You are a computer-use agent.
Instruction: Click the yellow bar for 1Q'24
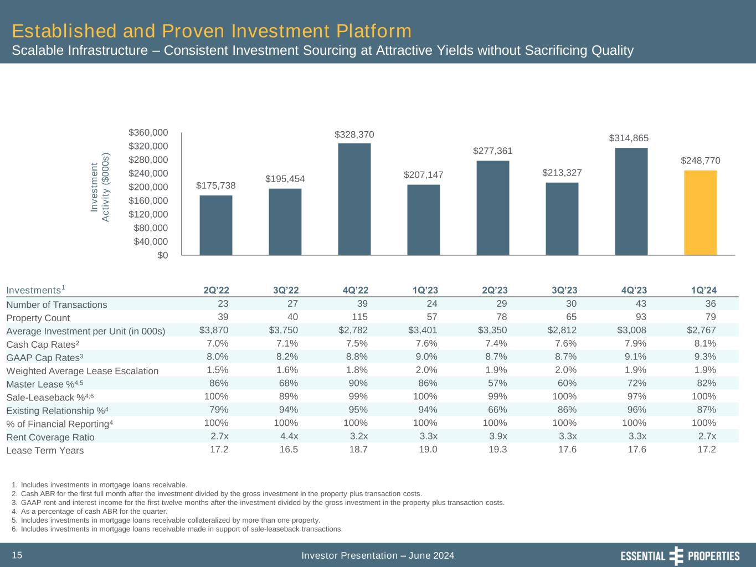click(701, 213)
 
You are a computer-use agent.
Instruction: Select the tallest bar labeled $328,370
click(354, 199)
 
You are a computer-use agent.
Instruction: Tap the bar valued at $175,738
click(216, 225)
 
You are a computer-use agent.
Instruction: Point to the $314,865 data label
click(629, 138)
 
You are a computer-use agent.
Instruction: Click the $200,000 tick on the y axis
click(148, 187)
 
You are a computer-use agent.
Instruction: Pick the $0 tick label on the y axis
click(162, 255)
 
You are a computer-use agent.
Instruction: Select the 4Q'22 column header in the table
click(355, 290)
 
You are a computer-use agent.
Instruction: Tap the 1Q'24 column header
click(703, 290)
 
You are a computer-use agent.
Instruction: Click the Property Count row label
click(38, 318)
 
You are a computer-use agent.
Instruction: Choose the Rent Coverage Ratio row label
click(50, 437)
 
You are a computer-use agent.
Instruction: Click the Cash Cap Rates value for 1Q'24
click(704, 343)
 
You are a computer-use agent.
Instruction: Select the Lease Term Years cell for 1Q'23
click(427, 450)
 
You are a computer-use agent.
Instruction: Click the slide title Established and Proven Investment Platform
click(212, 30)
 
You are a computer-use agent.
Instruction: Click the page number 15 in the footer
click(17, 555)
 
